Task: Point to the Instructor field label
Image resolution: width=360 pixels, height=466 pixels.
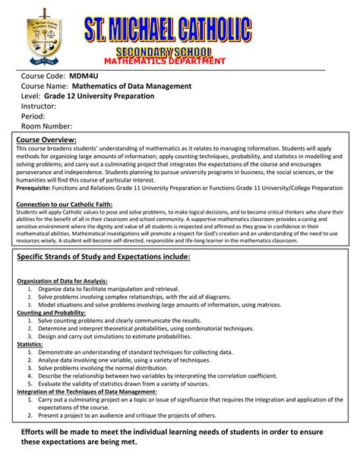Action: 39,106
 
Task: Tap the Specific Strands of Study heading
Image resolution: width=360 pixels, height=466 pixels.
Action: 103,258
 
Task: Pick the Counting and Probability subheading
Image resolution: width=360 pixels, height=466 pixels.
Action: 49,312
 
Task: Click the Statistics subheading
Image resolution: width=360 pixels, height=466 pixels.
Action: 30,344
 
